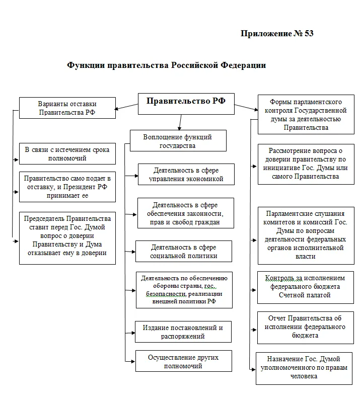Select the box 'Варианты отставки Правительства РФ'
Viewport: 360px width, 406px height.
click(x=67, y=108)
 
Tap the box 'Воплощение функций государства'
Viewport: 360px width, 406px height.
click(x=177, y=140)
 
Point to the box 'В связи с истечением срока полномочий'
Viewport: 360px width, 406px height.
click(x=67, y=153)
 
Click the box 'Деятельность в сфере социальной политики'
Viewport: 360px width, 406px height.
click(x=184, y=251)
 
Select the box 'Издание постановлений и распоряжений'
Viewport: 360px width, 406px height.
click(x=183, y=332)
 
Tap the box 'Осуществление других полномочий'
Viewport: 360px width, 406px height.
click(x=183, y=361)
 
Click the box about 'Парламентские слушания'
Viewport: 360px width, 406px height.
click(x=302, y=235)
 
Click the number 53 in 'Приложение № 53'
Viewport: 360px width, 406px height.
click(x=309, y=34)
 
